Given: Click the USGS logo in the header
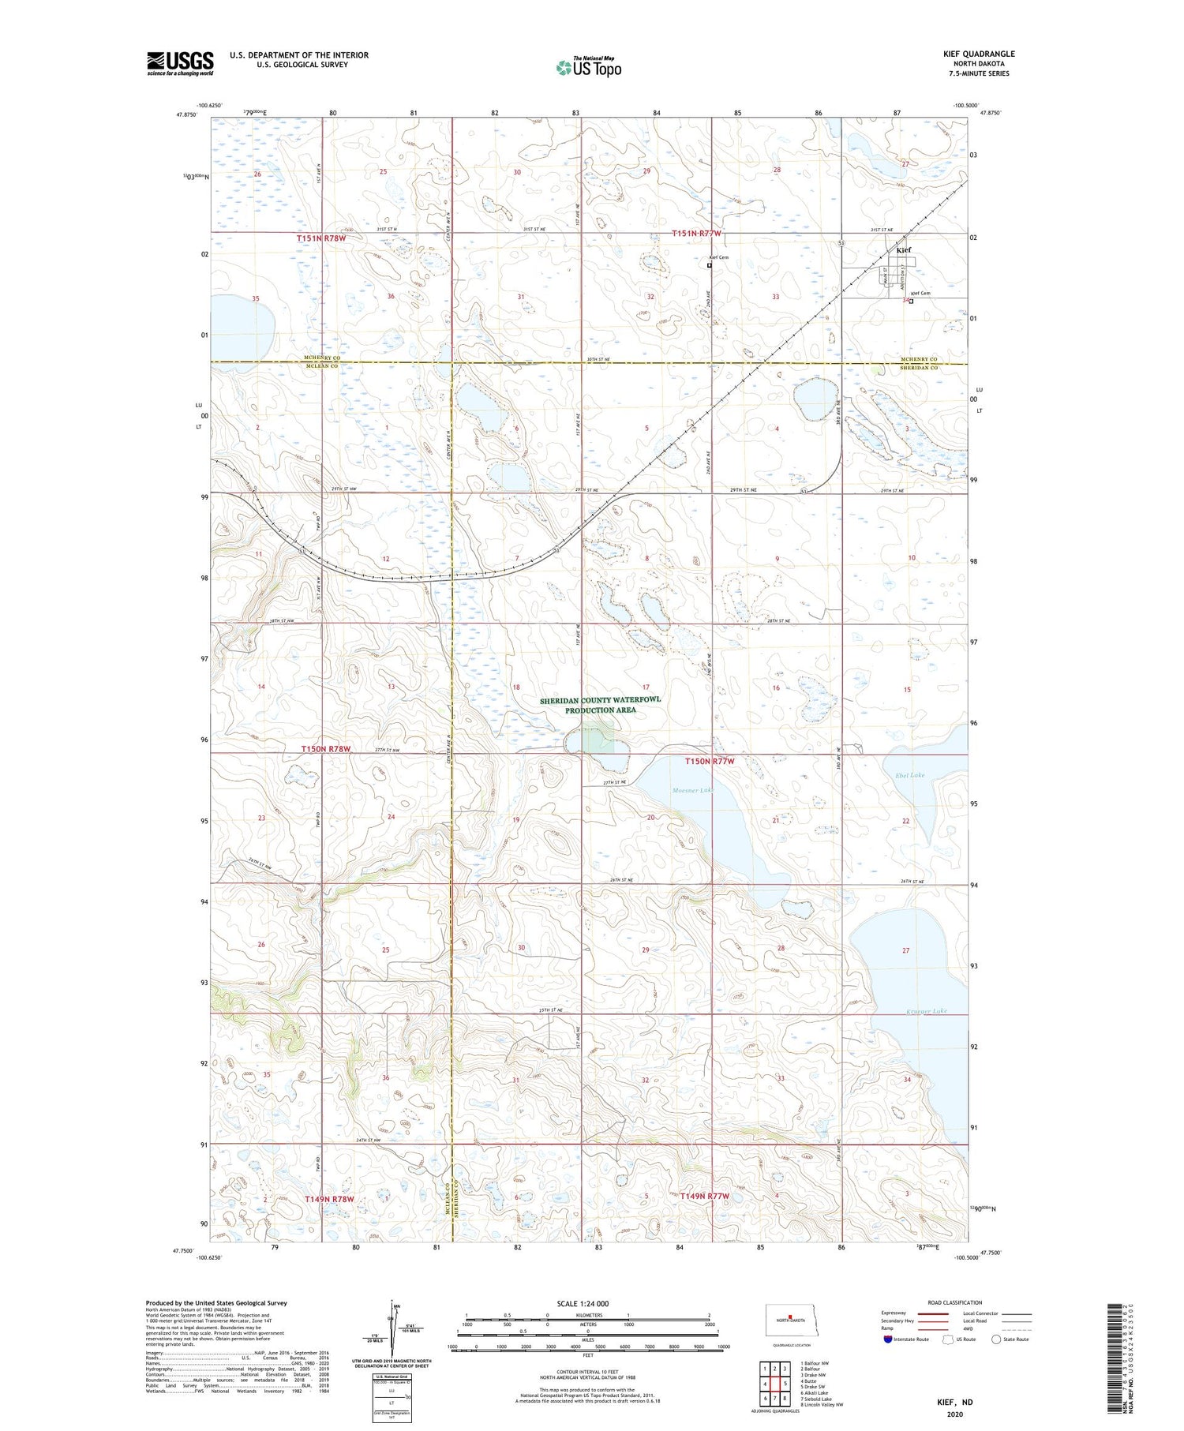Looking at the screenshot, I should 180,63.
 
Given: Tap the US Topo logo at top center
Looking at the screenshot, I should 588,68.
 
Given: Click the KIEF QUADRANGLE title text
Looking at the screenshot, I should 979,54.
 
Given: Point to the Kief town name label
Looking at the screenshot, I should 904,250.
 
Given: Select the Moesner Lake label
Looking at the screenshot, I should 692,790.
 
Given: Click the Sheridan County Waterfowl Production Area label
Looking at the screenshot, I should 601,705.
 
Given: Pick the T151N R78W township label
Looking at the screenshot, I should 321,238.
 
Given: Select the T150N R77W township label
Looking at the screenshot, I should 709,761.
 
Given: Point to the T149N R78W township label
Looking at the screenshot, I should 329,1199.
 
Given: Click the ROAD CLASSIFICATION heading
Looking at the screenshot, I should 955,1302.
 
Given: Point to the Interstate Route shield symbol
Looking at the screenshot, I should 888,1339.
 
